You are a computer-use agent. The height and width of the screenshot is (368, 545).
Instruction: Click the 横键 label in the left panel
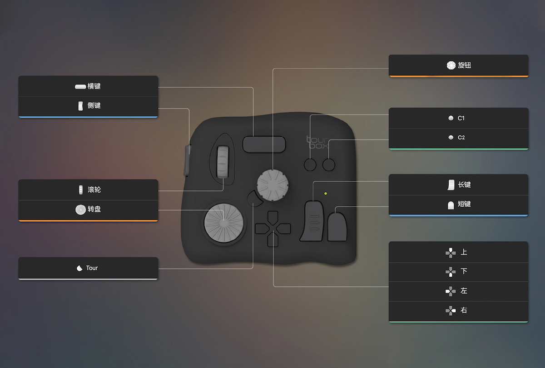click(x=94, y=86)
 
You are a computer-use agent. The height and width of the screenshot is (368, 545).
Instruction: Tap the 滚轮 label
click(x=94, y=189)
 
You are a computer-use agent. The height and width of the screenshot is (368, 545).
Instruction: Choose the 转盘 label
click(x=94, y=209)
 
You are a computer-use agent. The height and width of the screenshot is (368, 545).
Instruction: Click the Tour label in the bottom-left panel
click(x=92, y=268)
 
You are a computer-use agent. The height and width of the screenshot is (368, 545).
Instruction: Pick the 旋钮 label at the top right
click(x=465, y=65)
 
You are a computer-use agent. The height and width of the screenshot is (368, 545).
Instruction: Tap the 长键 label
click(x=464, y=185)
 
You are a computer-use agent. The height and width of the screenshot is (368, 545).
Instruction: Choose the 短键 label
click(x=464, y=204)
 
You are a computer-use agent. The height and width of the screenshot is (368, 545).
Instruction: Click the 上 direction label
click(x=464, y=252)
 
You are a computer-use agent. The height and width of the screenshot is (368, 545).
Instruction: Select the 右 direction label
click(x=464, y=310)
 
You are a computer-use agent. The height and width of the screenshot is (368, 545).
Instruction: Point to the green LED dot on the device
click(x=326, y=194)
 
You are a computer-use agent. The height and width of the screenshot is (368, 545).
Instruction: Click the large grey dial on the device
click(x=224, y=223)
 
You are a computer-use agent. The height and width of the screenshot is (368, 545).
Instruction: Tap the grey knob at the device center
click(x=273, y=185)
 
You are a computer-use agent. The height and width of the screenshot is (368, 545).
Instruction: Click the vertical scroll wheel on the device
click(x=223, y=162)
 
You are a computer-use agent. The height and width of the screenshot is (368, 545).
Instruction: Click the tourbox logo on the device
click(x=318, y=142)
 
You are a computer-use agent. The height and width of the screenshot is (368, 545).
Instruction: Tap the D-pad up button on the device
click(x=273, y=217)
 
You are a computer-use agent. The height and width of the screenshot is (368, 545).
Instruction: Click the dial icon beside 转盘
click(x=80, y=209)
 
